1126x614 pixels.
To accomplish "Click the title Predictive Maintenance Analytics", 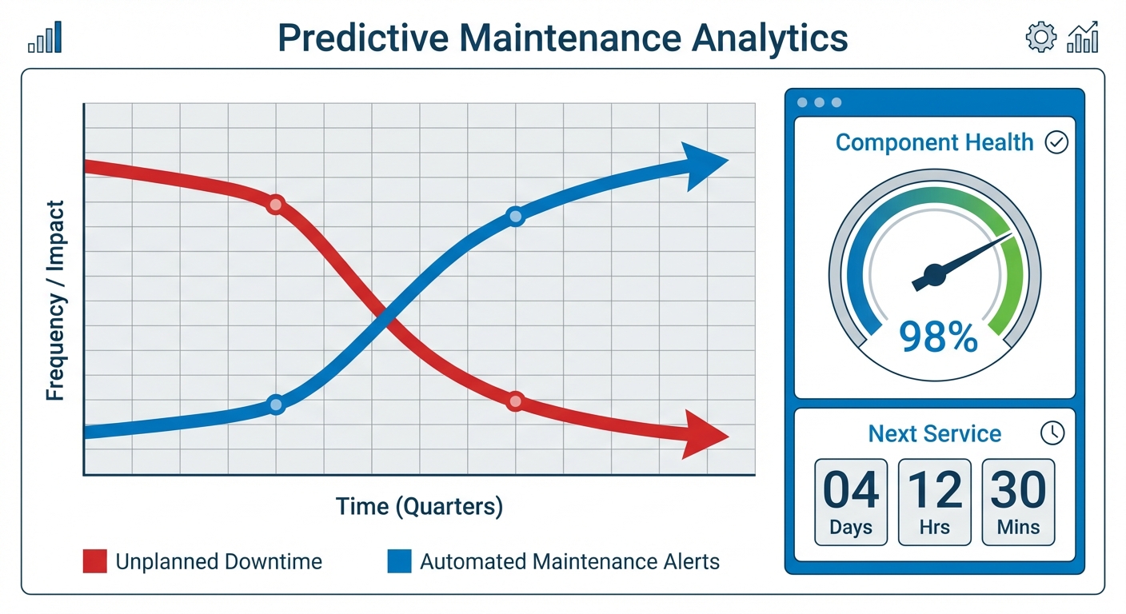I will click(562, 38).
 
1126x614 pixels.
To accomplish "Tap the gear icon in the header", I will click(1040, 38).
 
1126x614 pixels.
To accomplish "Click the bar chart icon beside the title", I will click(45, 38).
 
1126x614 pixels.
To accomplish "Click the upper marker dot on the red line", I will click(275, 205).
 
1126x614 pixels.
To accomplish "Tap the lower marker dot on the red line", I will click(515, 401).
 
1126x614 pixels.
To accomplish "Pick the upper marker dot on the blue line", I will click(515, 216).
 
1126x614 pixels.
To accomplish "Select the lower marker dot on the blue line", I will click(275, 405).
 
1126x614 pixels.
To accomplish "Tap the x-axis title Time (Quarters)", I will click(418, 506).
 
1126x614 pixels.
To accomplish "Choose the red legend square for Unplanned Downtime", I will click(94, 561).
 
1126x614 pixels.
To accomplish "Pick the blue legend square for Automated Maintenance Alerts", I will click(399, 561).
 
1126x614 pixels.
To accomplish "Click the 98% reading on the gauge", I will click(938, 337).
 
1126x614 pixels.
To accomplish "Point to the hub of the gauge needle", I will click(934, 277).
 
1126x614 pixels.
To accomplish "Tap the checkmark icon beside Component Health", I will click(1056, 143).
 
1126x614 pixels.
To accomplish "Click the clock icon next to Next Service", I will click(1052, 433).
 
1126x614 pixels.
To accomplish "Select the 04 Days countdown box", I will click(850, 501).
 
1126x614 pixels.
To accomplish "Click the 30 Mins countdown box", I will click(1017, 501).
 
